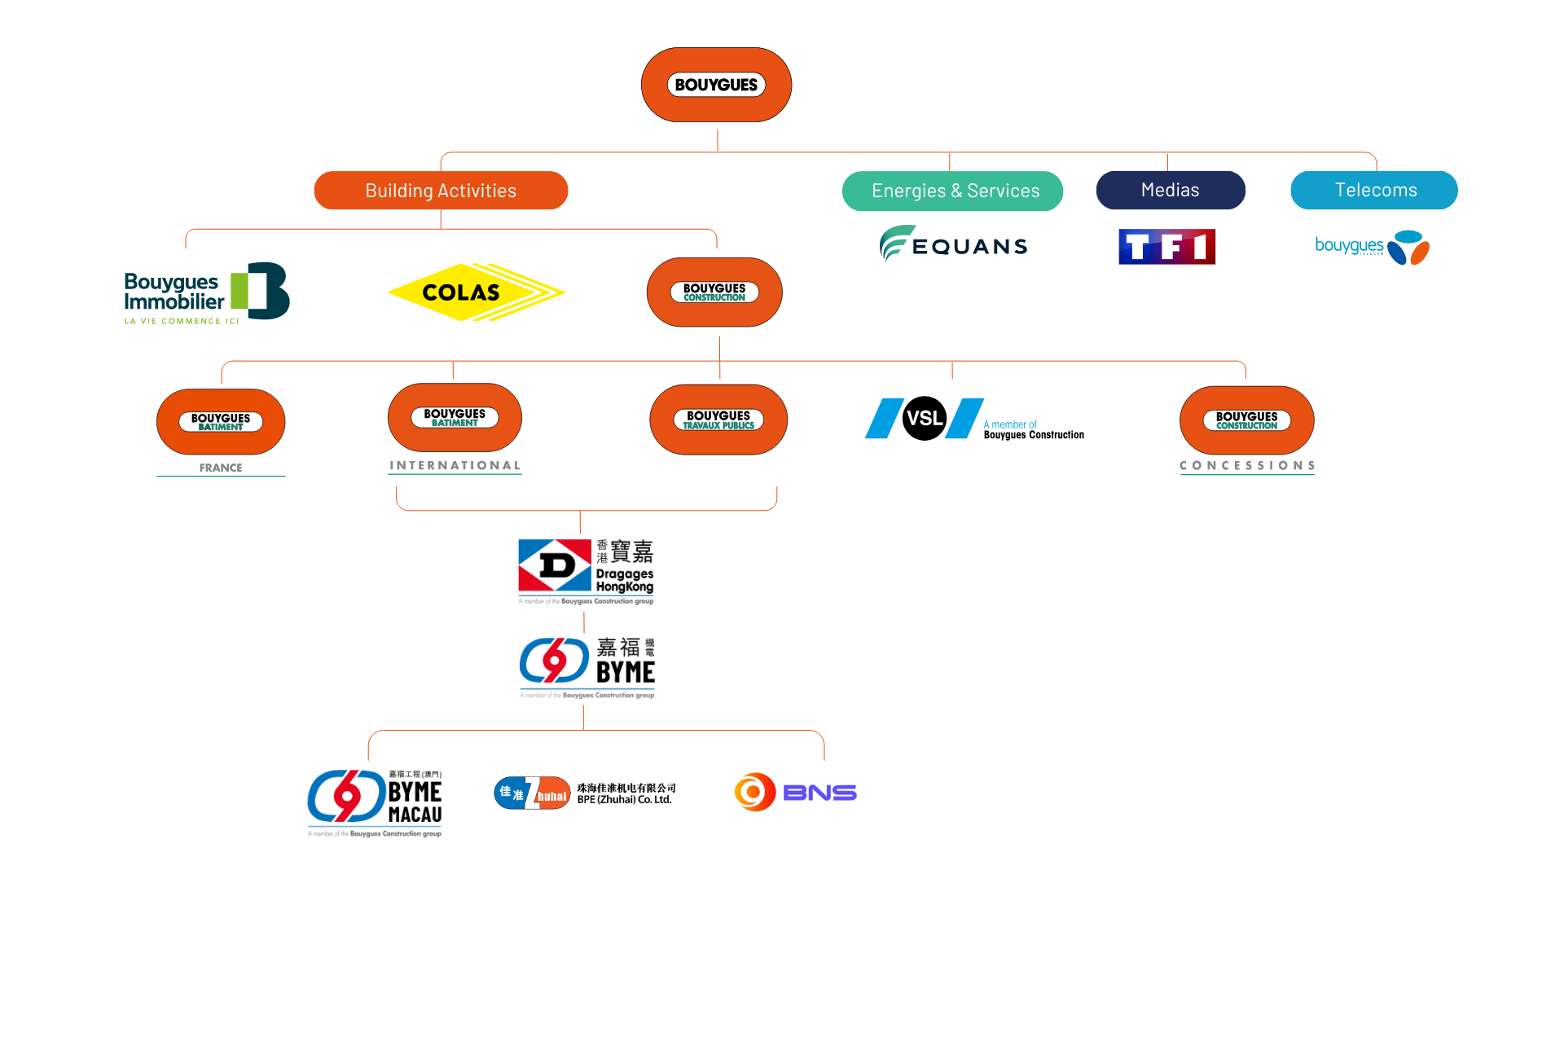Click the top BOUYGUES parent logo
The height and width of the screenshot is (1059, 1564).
click(716, 85)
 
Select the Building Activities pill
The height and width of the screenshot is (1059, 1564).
click(441, 191)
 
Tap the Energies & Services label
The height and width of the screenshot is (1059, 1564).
click(952, 191)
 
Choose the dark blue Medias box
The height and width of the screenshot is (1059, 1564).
click(1170, 190)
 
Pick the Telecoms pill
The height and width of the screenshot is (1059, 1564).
click(1374, 190)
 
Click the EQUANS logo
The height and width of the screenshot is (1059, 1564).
click(954, 244)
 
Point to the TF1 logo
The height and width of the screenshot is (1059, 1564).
click(1166, 247)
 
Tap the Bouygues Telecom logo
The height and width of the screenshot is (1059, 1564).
click(1372, 247)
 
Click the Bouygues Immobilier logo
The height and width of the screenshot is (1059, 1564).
click(207, 292)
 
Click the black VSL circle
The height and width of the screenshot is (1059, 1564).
click(925, 419)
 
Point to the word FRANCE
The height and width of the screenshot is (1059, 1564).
click(221, 468)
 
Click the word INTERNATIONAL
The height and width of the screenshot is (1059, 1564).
click(455, 465)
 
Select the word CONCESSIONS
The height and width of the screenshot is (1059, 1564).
click(1247, 465)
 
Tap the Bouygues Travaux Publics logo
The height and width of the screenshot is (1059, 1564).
click(718, 420)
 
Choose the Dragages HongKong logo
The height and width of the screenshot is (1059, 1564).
click(586, 571)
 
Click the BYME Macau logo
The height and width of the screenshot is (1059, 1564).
click(375, 802)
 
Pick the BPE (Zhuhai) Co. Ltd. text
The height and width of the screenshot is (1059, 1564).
click(625, 799)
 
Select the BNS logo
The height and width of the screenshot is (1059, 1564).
click(795, 792)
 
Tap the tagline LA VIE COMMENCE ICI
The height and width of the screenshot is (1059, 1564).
click(182, 321)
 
